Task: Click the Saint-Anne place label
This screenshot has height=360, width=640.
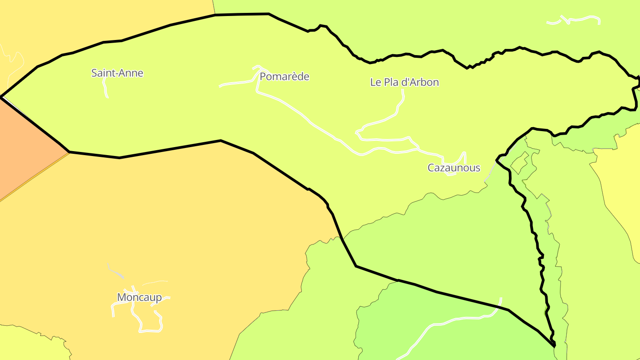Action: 117,73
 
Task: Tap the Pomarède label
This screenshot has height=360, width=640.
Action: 284,76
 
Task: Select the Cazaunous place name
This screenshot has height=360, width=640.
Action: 454,168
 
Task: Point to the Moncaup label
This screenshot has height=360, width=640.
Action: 139,297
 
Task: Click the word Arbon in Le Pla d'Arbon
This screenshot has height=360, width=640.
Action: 424,82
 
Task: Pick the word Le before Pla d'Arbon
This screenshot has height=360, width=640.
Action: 376,82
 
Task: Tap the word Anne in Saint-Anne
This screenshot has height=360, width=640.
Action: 132,73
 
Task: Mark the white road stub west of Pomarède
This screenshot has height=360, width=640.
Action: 236,83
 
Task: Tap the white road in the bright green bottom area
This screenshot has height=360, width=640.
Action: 444,323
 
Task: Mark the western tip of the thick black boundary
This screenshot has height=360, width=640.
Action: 2,96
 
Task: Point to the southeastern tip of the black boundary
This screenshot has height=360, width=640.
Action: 555,345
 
